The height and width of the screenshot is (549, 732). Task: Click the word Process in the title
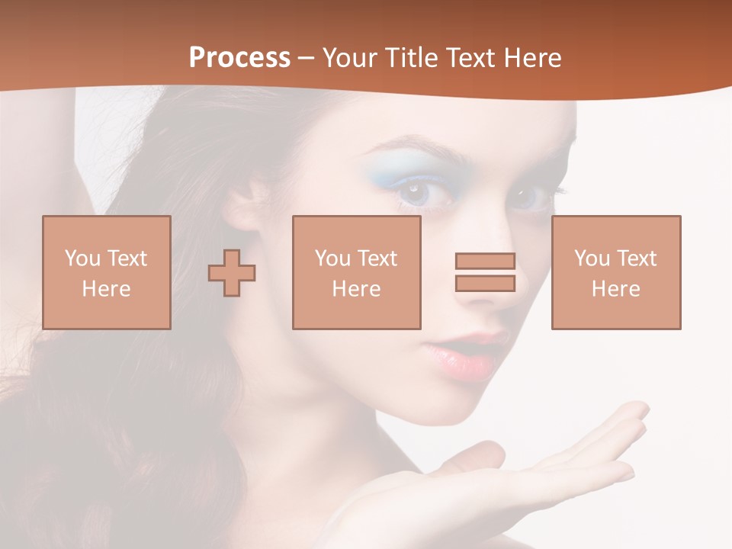[x=239, y=58]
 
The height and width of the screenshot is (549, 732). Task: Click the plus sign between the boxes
[x=232, y=273]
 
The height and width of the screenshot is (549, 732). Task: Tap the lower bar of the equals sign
[x=485, y=283]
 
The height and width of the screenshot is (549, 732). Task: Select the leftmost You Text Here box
[x=106, y=272]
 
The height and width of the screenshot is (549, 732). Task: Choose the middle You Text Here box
[x=356, y=272]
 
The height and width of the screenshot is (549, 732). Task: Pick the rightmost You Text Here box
[x=615, y=272]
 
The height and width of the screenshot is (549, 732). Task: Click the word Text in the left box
[x=127, y=258]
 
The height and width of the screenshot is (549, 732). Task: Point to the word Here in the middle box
[x=356, y=289]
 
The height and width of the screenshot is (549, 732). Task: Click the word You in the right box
[x=592, y=258]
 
